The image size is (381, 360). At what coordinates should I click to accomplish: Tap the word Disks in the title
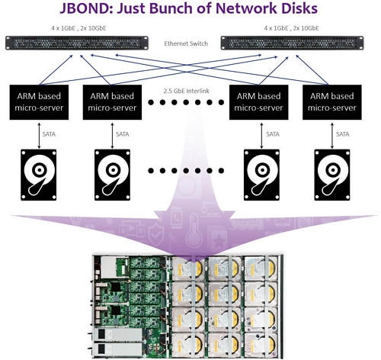(x=300, y=8)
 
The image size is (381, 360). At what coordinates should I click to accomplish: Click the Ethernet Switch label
(x=186, y=43)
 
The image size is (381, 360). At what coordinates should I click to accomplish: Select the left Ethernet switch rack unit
(x=77, y=43)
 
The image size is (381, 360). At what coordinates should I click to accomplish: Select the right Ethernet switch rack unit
(x=292, y=43)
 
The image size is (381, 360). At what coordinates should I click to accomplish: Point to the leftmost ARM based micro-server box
(x=39, y=102)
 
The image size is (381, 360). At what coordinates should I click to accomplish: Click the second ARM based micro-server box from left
(x=112, y=102)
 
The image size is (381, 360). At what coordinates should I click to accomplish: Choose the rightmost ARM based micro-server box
(x=332, y=102)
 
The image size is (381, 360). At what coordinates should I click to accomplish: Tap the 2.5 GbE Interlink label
(x=187, y=91)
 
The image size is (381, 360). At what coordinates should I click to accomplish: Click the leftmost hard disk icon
(x=39, y=175)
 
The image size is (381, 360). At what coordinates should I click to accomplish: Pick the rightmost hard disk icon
(x=332, y=175)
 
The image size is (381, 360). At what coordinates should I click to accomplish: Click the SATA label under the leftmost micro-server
(x=49, y=134)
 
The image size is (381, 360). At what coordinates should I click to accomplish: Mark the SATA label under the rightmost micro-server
(x=343, y=134)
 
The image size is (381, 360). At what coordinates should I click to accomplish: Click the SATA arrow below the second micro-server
(x=113, y=136)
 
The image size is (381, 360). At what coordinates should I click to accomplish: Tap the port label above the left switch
(x=78, y=28)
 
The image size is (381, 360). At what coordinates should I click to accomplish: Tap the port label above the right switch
(x=291, y=28)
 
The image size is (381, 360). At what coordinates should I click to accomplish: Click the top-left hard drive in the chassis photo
(x=188, y=268)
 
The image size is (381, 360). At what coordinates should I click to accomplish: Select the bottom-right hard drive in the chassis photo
(x=261, y=346)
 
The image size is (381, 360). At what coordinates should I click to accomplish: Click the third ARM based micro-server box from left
(x=259, y=102)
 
